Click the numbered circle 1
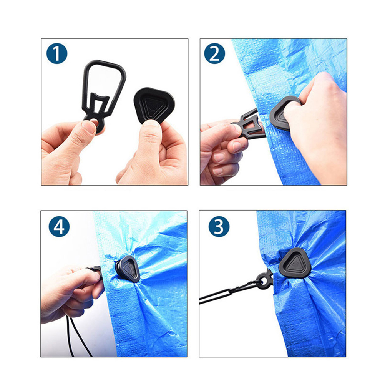tap(57, 53)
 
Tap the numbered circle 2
tap(214, 53)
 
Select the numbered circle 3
tap(219, 226)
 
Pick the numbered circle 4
tap(59, 226)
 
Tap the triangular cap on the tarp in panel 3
tap(295, 263)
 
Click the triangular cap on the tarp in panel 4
tap(128, 269)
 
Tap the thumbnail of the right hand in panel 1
tap(150, 124)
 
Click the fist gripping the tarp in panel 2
tap(315, 128)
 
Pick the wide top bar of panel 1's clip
tap(105, 64)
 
